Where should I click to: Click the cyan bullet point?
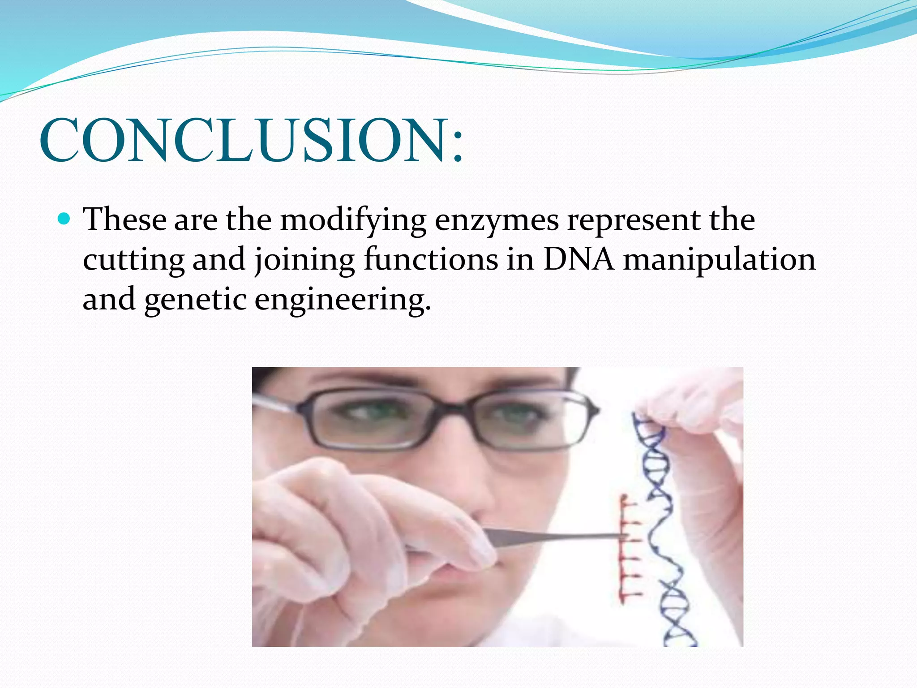click(65, 219)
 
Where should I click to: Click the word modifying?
click(353, 220)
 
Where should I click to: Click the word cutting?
click(133, 260)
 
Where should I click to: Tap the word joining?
click(304, 260)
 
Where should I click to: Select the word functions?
click(430, 259)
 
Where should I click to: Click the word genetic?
click(195, 300)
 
